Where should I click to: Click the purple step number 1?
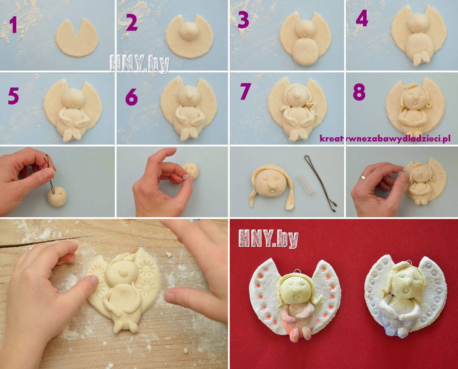[14, 25]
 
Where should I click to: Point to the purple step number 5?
[13, 96]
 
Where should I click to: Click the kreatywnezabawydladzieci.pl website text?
[385, 139]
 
